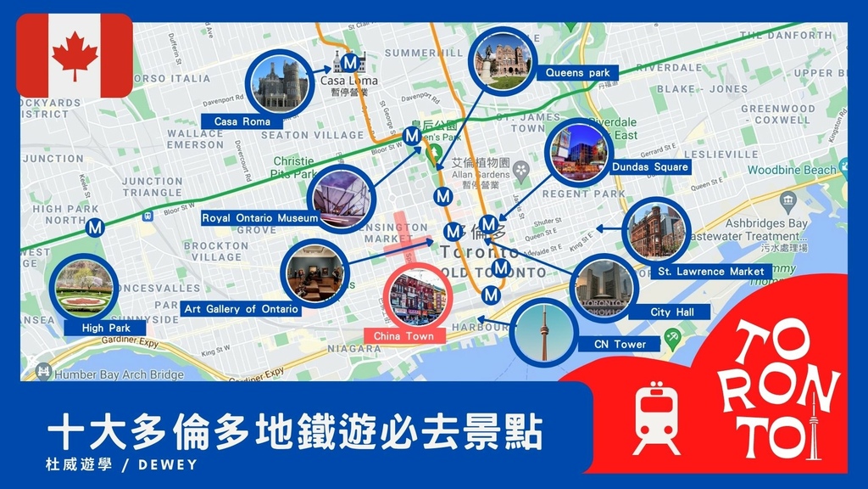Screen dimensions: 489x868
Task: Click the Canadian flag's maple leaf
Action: pyautogui.click(x=75, y=55)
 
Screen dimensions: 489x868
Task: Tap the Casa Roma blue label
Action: pyautogui.click(x=242, y=122)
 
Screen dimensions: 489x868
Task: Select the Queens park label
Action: pyautogui.click(x=577, y=73)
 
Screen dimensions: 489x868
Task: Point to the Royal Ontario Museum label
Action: pyautogui.click(x=260, y=218)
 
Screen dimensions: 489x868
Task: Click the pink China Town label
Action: pyautogui.click(x=403, y=336)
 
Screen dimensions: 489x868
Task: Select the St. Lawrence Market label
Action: pyautogui.click(x=715, y=272)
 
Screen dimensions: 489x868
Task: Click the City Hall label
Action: pyautogui.click(x=672, y=312)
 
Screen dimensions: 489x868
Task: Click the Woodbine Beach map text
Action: pyautogui.click(x=791, y=170)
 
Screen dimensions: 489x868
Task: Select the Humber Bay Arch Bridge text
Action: pyautogui.click(x=119, y=374)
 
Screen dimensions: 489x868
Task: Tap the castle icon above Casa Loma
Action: pyautogui.click(x=349, y=62)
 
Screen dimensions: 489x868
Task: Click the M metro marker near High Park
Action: pyautogui.click(x=95, y=228)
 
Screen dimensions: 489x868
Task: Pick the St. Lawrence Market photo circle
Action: pyautogui.click(x=656, y=231)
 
